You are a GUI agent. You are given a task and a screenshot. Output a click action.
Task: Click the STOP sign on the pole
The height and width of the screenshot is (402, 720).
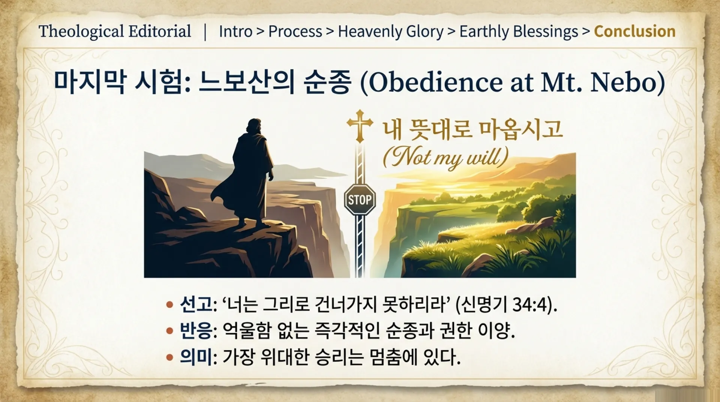[360, 199]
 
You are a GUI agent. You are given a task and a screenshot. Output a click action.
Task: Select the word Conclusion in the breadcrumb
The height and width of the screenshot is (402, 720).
[635, 32]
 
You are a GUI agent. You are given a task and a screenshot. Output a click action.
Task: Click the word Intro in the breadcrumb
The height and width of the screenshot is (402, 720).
[235, 32]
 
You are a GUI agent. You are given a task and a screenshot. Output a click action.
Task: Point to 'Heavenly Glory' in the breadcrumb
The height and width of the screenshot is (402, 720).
[391, 32]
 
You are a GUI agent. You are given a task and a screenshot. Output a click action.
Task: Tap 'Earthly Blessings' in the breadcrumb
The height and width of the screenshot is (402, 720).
[519, 32]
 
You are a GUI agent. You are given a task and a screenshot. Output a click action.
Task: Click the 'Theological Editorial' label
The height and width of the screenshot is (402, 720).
[115, 32]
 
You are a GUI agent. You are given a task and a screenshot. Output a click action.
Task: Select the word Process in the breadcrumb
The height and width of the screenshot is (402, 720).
[295, 32]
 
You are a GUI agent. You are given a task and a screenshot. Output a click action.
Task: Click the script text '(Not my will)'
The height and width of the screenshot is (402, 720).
[445, 157]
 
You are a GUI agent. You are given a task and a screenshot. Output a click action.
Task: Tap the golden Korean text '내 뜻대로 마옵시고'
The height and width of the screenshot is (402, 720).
[473, 130]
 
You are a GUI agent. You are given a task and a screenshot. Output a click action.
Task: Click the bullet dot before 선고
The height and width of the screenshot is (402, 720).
[169, 304]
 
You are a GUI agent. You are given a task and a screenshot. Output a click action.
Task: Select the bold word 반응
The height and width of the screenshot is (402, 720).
[195, 330]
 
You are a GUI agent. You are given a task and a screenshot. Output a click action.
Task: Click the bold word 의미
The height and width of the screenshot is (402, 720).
[195, 357]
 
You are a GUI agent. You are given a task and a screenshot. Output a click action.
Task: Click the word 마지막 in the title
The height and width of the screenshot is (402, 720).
[89, 82]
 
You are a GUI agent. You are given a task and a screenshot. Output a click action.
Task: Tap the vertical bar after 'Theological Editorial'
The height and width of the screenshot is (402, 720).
[205, 32]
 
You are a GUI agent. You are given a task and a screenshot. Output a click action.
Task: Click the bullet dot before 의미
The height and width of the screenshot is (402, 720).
[169, 357]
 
